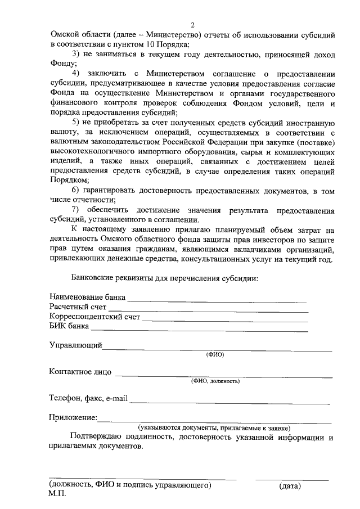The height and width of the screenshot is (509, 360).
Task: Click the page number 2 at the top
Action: coord(192,25)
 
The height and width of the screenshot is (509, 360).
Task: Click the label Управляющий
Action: coord(75,345)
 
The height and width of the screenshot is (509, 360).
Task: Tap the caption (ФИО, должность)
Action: coord(215,381)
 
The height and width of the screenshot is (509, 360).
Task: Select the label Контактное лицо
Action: coord(80,372)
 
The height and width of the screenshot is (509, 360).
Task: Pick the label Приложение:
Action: coord(73,418)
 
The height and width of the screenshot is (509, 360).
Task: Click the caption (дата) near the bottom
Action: coord(290,485)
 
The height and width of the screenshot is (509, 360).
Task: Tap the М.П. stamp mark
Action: coord(57,494)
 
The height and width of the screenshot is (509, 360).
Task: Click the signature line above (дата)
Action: coord(292,480)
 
